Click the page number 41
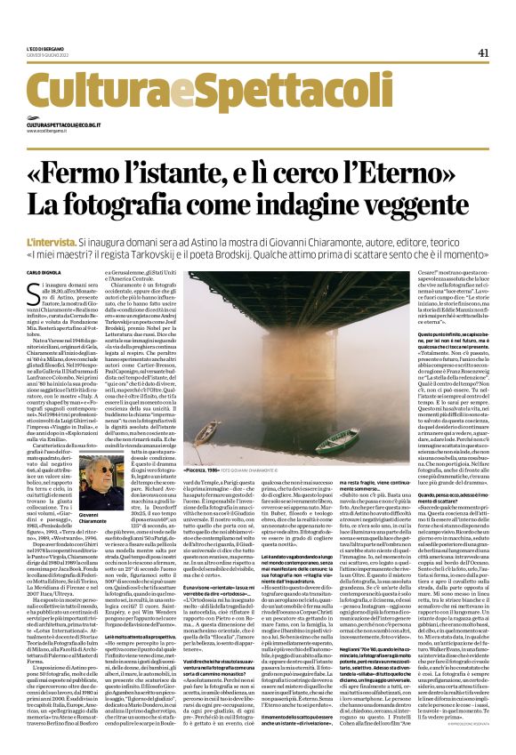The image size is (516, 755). (482, 52)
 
